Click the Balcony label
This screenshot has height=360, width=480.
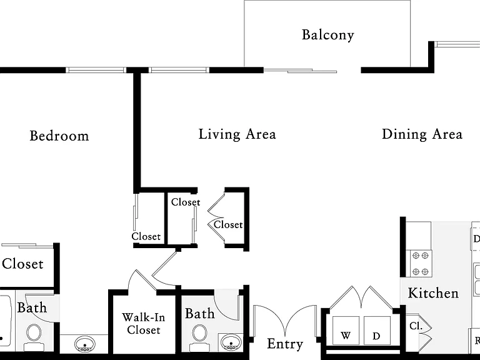[328, 35]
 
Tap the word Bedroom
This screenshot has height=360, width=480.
[59, 136]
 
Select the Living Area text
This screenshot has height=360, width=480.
[237, 134]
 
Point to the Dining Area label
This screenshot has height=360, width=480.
[422, 134]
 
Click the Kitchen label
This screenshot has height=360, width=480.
[433, 293]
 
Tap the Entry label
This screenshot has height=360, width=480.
[285, 344]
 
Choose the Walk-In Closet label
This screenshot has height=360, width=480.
[144, 324]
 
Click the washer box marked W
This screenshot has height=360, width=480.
[346, 330]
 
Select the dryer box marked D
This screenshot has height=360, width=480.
[377, 330]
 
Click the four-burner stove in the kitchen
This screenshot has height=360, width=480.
[419, 264]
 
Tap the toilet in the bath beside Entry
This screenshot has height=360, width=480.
[199, 337]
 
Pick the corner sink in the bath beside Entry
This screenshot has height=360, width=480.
[231, 342]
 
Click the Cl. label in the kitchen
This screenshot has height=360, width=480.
[416, 326]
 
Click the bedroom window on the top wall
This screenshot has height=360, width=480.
[96, 70]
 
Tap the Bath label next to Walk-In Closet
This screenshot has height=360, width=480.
[200, 314]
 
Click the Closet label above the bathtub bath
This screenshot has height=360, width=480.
[22, 264]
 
